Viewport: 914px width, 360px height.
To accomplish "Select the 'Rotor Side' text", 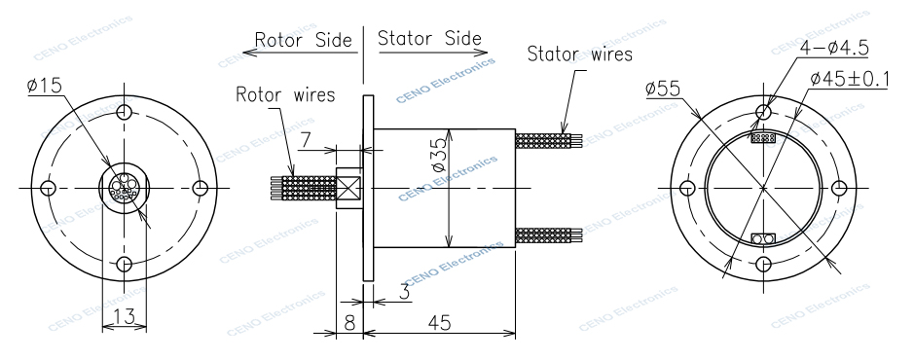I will [299, 40].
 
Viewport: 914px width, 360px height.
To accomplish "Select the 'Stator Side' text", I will [429, 40].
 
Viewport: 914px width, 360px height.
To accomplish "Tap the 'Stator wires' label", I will [580, 53].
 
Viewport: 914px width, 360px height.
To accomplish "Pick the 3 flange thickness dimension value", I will [403, 289].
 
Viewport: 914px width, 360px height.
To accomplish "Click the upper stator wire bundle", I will [550, 140].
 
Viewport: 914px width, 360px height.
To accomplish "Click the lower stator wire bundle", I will [550, 234].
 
